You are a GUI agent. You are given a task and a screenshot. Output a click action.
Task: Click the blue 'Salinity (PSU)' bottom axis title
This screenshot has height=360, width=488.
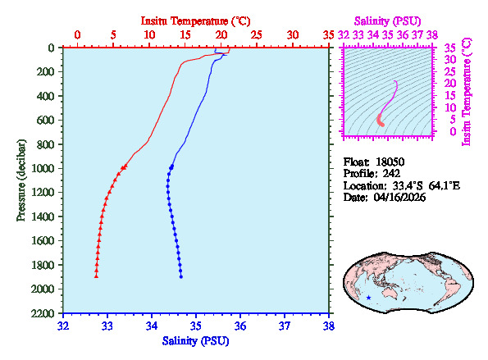[x=197, y=340]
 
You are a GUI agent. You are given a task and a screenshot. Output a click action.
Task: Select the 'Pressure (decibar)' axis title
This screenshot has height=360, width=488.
[x=21, y=180]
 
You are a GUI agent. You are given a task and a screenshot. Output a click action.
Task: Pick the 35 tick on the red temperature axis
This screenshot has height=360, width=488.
[x=329, y=35]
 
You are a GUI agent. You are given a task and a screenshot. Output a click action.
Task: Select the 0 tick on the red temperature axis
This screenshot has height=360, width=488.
[x=78, y=35]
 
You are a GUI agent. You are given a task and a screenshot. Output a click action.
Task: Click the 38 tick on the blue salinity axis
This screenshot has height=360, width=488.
[x=329, y=326]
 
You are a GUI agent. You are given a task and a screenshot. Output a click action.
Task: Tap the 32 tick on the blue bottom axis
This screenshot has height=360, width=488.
[x=64, y=326]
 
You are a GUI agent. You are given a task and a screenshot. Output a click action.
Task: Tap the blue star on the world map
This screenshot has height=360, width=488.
[x=369, y=297]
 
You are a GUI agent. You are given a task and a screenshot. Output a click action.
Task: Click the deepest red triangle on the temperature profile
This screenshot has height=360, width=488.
[x=96, y=276]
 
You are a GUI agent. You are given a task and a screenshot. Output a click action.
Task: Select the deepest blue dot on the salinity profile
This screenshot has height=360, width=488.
[x=180, y=276]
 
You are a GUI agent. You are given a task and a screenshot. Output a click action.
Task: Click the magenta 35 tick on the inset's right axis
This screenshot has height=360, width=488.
[x=449, y=48]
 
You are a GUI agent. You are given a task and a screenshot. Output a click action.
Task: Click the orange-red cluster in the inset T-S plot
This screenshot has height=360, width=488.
[x=381, y=121]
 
